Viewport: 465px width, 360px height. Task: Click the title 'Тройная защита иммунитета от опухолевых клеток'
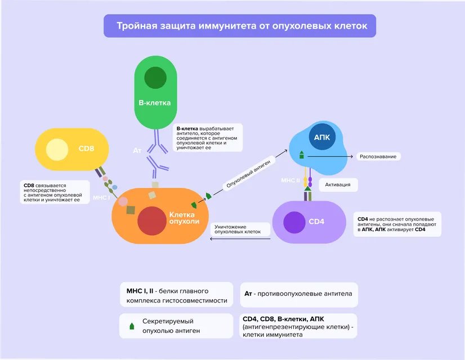coord(242,26)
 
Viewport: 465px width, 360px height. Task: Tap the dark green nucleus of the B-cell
coord(155,79)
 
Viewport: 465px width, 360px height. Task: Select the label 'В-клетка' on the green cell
coord(155,103)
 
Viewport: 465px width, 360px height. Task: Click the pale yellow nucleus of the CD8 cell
coord(57,149)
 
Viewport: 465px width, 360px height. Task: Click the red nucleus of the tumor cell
coord(150,221)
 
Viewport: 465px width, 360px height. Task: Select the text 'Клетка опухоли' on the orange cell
coord(184,218)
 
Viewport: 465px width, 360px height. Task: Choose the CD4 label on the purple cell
coord(316,221)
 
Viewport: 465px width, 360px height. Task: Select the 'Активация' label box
coord(338,184)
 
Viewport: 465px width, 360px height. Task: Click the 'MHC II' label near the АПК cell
coord(291,180)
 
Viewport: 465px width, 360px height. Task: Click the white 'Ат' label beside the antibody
coord(137,151)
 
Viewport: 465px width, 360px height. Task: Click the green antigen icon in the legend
coord(132,326)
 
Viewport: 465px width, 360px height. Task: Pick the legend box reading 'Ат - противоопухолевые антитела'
coord(298,294)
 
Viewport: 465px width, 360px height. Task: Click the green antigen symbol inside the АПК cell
coord(302,154)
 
